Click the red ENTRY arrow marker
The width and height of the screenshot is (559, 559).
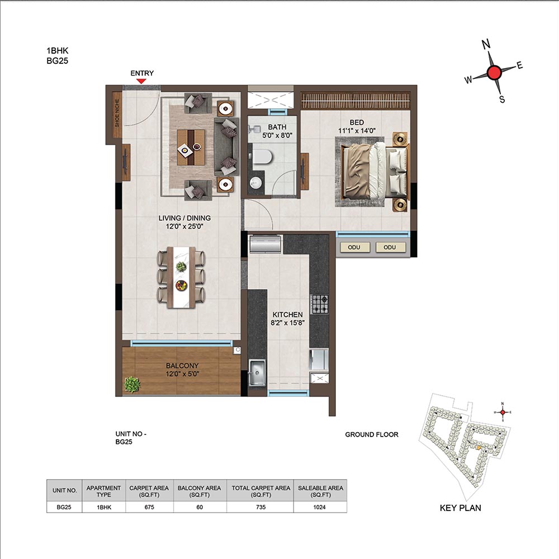click(x=141, y=81)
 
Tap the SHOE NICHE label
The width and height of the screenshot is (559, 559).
click(x=117, y=113)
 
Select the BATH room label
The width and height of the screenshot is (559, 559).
click(x=277, y=127)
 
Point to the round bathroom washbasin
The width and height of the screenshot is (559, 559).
click(x=255, y=183)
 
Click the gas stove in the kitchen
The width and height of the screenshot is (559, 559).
click(x=319, y=304)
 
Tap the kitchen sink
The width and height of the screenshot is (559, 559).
click(x=257, y=373)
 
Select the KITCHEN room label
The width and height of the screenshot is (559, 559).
click(x=287, y=315)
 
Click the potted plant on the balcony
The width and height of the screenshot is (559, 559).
click(x=132, y=385)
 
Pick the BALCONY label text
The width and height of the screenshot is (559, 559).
click(x=182, y=366)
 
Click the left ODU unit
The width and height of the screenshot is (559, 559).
click(x=354, y=247)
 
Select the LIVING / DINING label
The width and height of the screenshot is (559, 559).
click(x=184, y=218)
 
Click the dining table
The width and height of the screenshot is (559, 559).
click(x=182, y=277)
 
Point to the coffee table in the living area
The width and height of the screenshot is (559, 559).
click(x=191, y=147)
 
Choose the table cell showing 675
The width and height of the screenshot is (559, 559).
click(x=149, y=507)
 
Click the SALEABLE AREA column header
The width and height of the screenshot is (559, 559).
click(x=320, y=491)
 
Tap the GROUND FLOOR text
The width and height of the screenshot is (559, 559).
click(x=372, y=434)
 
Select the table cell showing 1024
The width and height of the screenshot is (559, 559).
click(x=320, y=507)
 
